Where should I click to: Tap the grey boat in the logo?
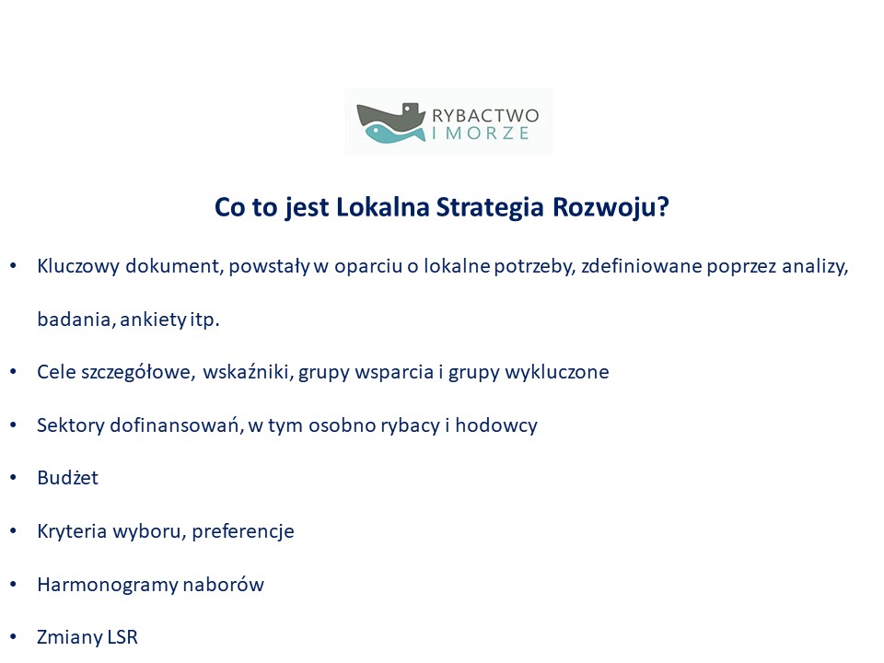coord(390,116)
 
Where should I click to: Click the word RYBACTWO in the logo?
coord(485,116)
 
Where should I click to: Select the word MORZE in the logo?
coord(488,134)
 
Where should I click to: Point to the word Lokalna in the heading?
coord(383,207)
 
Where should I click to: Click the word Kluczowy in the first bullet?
coord(78,266)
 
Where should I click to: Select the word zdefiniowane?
coord(641,265)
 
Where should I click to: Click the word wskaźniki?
coord(248,372)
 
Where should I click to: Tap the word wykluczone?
coord(557,372)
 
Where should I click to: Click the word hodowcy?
coord(496,425)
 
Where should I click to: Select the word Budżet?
coord(67,478)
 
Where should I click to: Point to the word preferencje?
coord(243,531)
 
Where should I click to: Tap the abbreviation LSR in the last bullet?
coord(122,637)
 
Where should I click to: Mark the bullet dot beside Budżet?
coord(14,478)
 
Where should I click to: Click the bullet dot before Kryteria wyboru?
coord(14,531)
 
